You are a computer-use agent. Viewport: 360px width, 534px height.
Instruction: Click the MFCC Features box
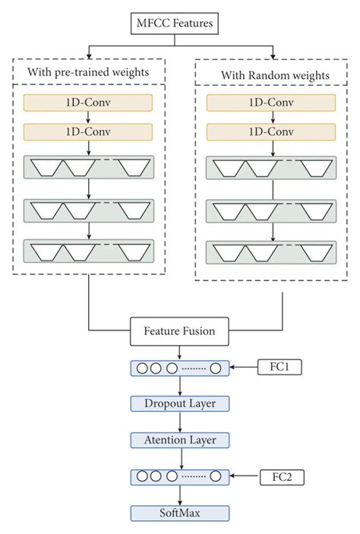179,25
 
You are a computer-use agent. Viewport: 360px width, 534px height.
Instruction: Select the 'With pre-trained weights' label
89,73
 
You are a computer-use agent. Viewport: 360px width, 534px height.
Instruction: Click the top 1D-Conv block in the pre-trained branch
89,101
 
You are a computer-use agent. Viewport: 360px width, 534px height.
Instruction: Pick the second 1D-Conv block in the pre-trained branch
89,132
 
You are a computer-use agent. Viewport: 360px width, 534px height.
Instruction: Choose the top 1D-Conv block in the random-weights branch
270,101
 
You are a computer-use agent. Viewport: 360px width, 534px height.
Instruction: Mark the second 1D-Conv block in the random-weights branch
270,131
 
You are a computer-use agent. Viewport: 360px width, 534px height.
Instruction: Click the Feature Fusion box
179,331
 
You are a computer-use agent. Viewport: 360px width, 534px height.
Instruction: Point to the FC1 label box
281,367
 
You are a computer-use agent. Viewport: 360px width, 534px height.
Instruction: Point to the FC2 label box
281,477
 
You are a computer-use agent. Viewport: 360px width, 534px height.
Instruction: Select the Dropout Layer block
179,403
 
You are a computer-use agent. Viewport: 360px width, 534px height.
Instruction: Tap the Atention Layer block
179,439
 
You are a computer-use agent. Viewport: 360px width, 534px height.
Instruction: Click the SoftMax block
179,513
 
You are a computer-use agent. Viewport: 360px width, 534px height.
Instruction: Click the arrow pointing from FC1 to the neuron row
245,367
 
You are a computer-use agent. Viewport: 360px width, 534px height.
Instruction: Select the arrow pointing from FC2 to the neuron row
245,477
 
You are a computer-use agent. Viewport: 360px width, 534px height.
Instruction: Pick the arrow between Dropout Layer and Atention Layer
179,422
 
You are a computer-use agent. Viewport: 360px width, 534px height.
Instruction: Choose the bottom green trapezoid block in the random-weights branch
270,251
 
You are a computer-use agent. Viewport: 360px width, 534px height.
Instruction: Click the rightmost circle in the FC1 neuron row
216,368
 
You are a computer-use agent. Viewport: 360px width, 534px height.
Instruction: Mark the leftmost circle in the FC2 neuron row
142,477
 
